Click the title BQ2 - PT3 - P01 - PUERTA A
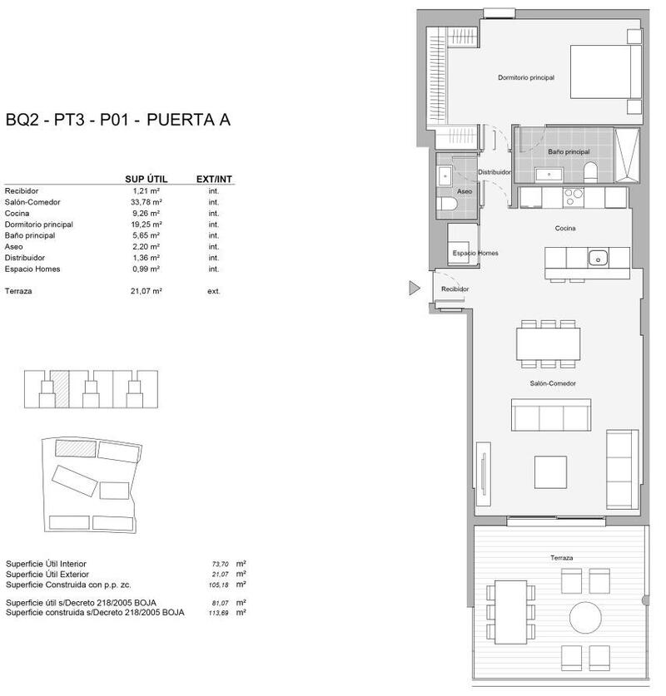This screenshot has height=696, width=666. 117,120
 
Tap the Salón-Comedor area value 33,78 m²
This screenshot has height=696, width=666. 147,202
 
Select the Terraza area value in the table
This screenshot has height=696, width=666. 147,292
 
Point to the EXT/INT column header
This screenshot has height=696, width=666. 214,179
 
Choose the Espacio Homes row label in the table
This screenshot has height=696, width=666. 32,269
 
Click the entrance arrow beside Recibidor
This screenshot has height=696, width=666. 414,289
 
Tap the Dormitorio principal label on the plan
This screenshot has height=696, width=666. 526,77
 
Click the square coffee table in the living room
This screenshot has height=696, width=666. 550,471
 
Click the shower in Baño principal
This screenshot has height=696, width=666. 626,155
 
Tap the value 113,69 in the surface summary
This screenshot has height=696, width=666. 220,613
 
